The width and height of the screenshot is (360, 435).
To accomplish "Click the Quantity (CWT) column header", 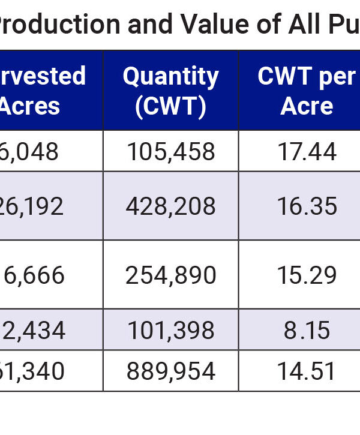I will click(x=170, y=91).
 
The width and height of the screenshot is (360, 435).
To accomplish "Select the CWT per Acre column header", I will click(x=307, y=91).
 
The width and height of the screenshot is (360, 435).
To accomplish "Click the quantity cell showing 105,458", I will click(x=170, y=152).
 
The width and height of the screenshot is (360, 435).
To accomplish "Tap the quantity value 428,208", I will click(x=170, y=206).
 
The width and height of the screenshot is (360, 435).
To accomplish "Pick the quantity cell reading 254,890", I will click(x=170, y=275).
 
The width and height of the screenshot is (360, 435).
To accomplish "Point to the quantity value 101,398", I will click(x=170, y=331).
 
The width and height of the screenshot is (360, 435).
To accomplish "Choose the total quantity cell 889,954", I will click(x=170, y=372).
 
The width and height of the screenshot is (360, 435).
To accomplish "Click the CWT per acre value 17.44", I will click(x=307, y=152).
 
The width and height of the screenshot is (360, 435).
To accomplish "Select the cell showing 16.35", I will click(x=307, y=206).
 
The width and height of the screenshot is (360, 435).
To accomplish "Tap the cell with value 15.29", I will click(x=307, y=275).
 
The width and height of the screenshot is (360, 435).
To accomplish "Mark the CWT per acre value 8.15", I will click(x=307, y=331).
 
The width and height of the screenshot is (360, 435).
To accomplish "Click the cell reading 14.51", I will click(x=307, y=372).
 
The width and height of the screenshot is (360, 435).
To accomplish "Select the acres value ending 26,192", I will click(x=32, y=206).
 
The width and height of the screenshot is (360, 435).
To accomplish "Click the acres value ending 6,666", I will click(x=34, y=275).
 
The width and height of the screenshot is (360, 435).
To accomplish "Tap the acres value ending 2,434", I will click(x=34, y=331).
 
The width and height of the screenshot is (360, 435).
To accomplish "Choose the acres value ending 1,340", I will click(x=32, y=372).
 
